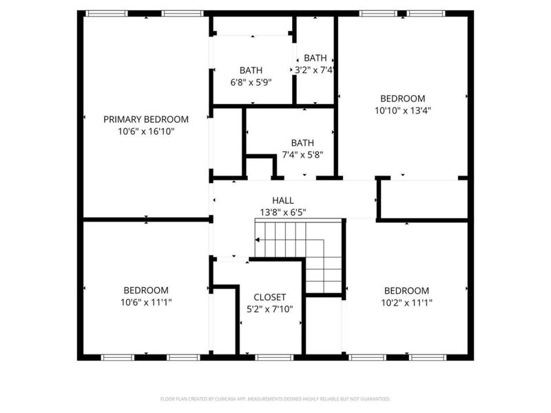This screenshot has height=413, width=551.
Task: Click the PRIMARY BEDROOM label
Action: [145, 119]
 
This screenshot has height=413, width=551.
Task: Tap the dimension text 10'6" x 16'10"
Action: [145, 131]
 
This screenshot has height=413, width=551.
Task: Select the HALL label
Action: [282, 200]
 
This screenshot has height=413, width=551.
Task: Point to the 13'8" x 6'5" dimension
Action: [282, 212]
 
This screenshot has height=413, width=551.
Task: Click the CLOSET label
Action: [270, 297]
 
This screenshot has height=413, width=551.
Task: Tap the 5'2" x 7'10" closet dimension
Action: [270, 309]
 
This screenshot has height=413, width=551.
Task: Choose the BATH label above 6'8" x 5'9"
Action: [251, 70]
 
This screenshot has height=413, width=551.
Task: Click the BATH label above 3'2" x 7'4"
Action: [315, 59]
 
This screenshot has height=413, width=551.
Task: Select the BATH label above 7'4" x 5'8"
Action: [302, 143]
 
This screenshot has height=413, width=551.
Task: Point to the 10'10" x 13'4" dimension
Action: [403, 110]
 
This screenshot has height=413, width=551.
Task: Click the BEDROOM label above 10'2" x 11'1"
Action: [406, 290]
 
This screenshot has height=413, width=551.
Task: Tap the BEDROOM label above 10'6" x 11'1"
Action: [145, 290]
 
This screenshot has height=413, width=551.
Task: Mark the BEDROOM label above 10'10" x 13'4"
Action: [403, 98]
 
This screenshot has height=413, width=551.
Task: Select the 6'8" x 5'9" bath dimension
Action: [251, 82]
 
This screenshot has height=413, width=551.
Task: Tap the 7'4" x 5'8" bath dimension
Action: [302, 155]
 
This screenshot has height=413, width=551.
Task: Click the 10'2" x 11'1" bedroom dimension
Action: [406, 302]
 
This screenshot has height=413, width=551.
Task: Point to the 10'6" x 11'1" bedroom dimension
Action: [145, 302]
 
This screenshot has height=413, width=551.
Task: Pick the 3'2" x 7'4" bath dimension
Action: [315, 70]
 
